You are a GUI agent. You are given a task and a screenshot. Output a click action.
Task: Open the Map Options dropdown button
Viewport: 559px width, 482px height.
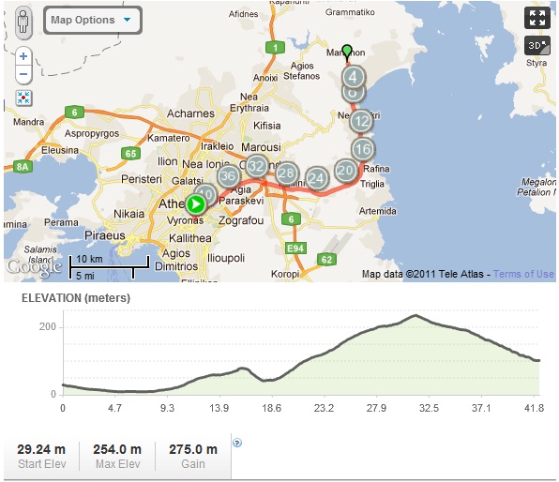pyautogui.click(x=91, y=20)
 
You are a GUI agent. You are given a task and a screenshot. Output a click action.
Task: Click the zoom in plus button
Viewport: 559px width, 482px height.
pyautogui.click(x=23, y=56)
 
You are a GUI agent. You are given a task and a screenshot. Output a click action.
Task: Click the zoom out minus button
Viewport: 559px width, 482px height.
pyautogui.click(x=23, y=75)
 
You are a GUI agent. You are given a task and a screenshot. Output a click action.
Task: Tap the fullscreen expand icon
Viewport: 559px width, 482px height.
pyautogui.click(x=536, y=18)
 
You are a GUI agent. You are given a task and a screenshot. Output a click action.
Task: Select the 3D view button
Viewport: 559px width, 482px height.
pyautogui.click(x=536, y=45)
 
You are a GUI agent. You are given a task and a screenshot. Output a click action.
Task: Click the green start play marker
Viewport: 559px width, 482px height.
pyautogui.click(x=196, y=203)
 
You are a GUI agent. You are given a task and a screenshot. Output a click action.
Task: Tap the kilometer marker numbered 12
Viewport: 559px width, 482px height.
pyautogui.click(x=362, y=121)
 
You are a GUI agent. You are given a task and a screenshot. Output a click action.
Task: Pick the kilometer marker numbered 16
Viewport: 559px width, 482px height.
pyautogui.click(x=364, y=149)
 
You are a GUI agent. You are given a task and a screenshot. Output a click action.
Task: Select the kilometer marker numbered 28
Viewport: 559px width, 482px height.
pyautogui.click(x=287, y=173)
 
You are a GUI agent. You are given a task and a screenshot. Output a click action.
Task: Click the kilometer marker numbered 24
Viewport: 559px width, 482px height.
pyautogui.click(x=317, y=178)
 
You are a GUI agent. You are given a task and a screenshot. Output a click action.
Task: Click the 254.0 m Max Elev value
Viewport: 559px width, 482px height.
pyautogui.click(x=117, y=449)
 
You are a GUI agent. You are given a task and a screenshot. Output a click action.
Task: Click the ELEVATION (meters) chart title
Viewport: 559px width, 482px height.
pyautogui.click(x=76, y=298)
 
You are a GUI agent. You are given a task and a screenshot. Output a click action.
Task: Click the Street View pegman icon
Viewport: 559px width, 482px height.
pyautogui.click(x=23, y=21)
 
